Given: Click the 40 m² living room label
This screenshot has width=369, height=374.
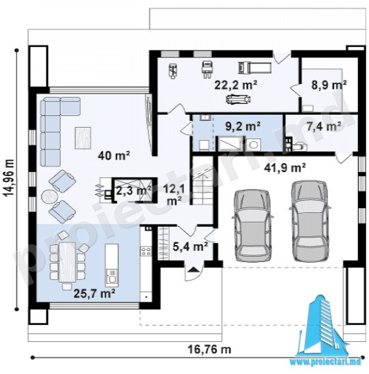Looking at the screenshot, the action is pyautogui.click(x=114, y=156).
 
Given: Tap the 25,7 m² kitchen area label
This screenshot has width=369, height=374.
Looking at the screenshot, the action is pyautogui.click(x=95, y=293).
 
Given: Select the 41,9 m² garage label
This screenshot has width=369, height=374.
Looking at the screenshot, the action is pyautogui.click(x=285, y=168).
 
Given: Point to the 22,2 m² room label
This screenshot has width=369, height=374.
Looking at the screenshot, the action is pyautogui.click(x=236, y=85).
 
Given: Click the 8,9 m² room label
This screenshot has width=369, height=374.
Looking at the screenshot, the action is pyautogui.click(x=329, y=85).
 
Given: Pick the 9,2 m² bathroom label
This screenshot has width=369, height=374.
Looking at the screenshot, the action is pyautogui.click(x=243, y=126).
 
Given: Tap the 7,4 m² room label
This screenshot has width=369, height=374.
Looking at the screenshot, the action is pyautogui.click(x=324, y=126).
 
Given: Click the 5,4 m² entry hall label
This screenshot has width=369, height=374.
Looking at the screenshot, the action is pyautogui.click(x=190, y=246).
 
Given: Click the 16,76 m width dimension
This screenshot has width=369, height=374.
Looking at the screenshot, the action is pyautogui.click(x=209, y=349).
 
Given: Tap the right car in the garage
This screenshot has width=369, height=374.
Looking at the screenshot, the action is pyautogui.click(x=310, y=220).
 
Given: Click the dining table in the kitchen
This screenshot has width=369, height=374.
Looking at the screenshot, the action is pyautogui.click(x=68, y=261).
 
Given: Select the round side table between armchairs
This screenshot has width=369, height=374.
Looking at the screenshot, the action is pyautogui.click(x=49, y=197).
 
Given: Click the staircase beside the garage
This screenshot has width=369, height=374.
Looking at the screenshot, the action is pyautogui.click(x=203, y=186).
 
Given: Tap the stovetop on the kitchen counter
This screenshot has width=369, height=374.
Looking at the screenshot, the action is pyautogui.click(x=146, y=251).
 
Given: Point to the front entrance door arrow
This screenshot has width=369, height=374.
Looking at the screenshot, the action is pyautogui.click(x=193, y=270).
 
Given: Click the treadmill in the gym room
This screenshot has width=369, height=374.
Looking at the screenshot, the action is pyautogui.click(x=254, y=68).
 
